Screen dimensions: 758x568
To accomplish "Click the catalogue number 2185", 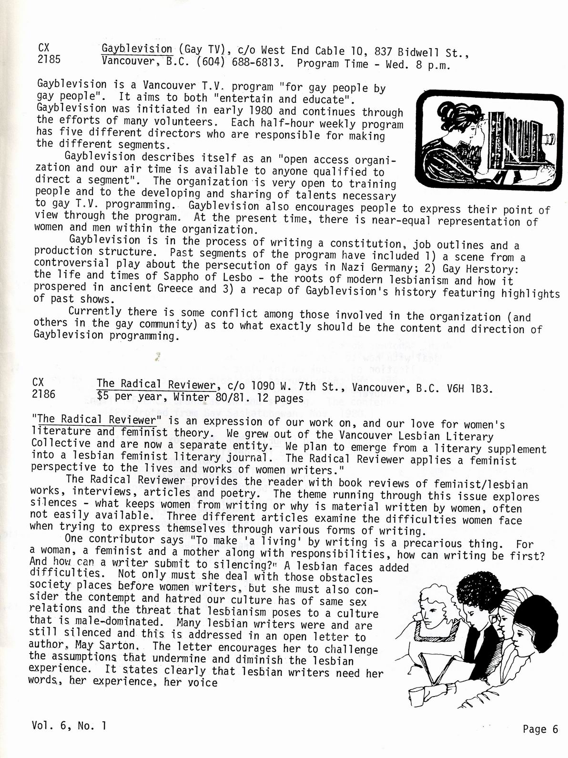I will [48, 60].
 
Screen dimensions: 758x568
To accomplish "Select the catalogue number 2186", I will [44, 394].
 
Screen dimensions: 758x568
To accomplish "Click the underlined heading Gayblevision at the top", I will [137, 49].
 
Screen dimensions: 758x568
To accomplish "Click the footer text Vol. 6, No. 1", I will [69, 726].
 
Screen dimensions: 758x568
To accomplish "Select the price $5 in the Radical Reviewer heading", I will [103, 396].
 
